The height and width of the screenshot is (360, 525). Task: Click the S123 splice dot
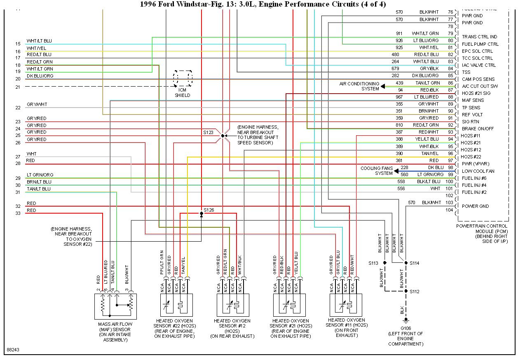click(223, 136)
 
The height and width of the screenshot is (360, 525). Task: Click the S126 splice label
click(209, 210)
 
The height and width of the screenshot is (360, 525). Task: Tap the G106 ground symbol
click(405, 320)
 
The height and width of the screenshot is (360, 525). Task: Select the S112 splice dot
click(405, 291)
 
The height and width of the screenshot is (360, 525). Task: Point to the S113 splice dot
click(384, 263)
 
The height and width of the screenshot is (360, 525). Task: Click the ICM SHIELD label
click(182, 92)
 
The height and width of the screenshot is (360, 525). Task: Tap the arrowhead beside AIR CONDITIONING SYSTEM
click(383, 86)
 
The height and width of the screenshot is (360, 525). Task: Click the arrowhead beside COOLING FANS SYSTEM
click(396, 171)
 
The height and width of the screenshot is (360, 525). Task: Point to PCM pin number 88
click(450, 97)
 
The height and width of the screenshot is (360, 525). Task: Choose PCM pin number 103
click(449, 202)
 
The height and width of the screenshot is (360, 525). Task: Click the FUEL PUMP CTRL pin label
click(480, 44)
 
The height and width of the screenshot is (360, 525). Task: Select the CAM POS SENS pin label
click(478, 79)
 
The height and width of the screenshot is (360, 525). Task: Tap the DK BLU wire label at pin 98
click(436, 167)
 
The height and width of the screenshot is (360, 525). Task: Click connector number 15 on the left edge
click(18, 44)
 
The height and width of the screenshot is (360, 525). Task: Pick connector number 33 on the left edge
click(18, 213)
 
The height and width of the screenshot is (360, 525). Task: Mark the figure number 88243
click(13, 350)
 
